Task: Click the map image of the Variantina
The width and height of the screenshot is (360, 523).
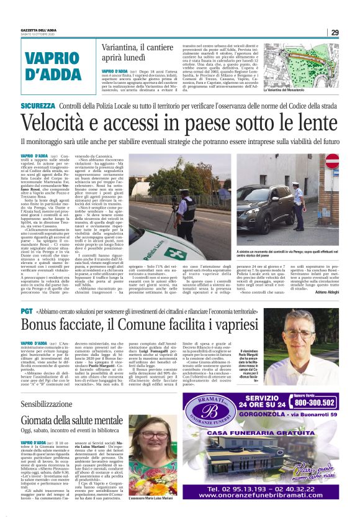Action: [299, 62]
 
